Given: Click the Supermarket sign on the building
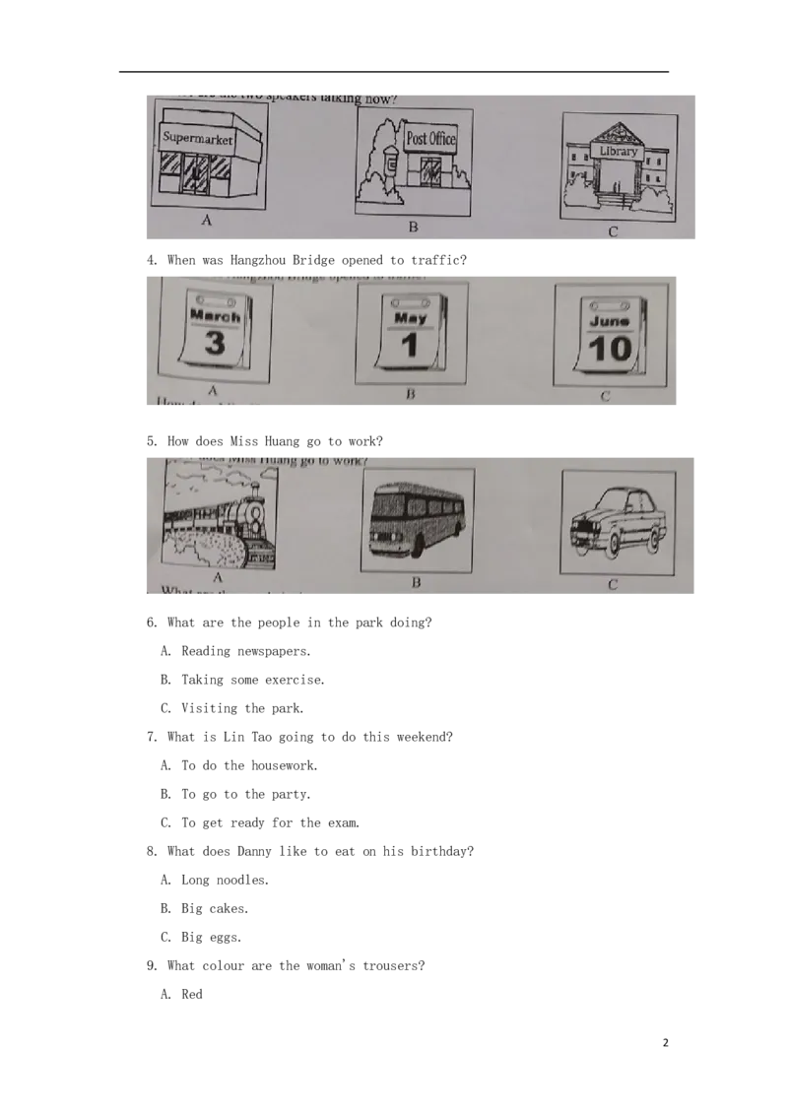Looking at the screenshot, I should pos(198,139).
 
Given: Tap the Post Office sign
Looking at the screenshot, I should pos(430,139).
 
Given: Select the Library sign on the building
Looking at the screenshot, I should pos(618,152).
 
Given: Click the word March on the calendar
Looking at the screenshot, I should pos(215,317).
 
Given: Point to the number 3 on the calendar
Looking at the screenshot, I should pos(215,343).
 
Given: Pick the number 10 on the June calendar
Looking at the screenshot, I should pos(609,348).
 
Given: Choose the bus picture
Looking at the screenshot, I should pos(417,519).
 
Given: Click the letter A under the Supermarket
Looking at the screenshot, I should pos(206,222).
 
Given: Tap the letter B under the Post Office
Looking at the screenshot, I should pos(414,228).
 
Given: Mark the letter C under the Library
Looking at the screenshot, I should pos(613,232).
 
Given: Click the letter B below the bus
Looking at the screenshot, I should pos(416,583).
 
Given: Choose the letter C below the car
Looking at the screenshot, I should pos(613,585).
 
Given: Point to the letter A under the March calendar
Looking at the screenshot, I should pos(211,391).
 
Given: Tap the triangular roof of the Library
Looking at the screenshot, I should pos(618,134).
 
